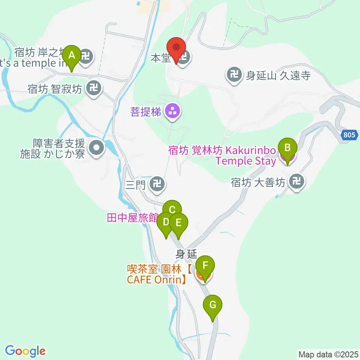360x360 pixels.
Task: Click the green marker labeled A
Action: [x=71, y=56]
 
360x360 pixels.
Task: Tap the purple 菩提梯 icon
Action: [x=172, y=111]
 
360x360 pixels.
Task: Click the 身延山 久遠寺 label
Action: [x=278, y=76]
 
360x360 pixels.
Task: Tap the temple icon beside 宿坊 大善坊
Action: [x=297, y=183]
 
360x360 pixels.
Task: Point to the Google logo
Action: [x=25, y=351]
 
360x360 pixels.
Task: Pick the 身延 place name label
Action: [x=187, y=254]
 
